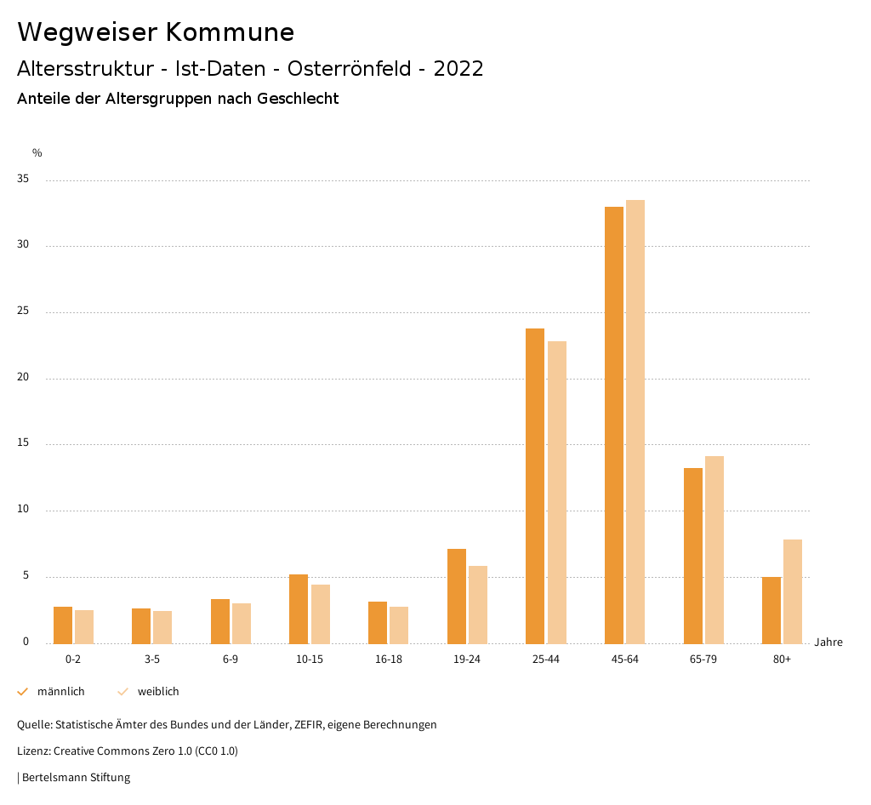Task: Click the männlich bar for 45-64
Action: click(613, 425)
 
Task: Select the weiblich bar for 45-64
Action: click(635, 421)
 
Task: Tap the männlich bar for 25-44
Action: click(535, 486)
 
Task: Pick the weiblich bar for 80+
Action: click(793, 591)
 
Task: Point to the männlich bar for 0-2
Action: click(63, 625)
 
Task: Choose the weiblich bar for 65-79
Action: click(714, 550)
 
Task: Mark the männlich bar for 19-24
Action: click(456, 596)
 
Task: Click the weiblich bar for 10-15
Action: click(321, 614)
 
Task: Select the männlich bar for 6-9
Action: click(220, 621)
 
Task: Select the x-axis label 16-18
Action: click(389, 659)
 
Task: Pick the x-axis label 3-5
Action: click(152, 659)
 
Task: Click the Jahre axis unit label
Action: click(828, 642)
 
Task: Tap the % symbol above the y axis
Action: click(37, 153)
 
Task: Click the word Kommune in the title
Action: click(230, 32)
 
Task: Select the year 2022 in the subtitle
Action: click(458, 69)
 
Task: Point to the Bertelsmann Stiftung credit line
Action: click(75, 777)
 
